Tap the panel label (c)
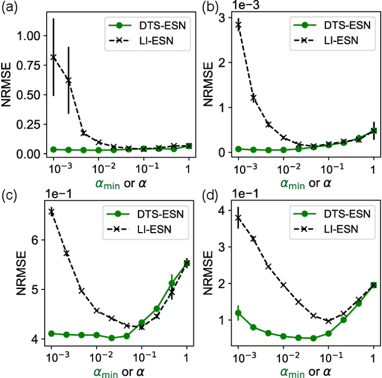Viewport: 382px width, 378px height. point(11,196)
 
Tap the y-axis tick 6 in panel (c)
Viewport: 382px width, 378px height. point(35,240)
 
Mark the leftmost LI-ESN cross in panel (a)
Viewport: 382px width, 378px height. point(53,57)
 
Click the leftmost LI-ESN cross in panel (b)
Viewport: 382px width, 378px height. point(238,25)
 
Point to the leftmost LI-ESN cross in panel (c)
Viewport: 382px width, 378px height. point(51,211)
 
